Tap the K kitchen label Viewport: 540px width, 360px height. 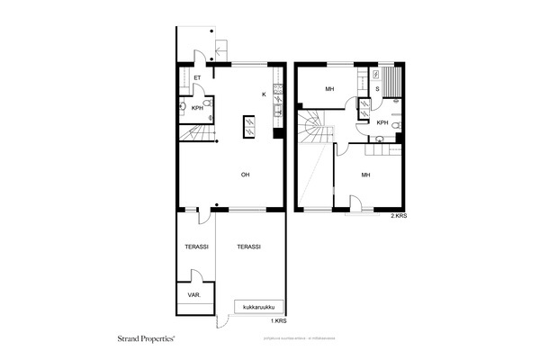coord(264,94)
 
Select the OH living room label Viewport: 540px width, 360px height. coord(244,175)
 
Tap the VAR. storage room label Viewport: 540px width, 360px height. coord(193,295)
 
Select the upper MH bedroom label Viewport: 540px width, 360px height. coord(330,89)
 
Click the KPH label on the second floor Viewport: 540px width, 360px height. coord(382,122)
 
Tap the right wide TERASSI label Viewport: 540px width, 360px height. coord(248,247)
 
